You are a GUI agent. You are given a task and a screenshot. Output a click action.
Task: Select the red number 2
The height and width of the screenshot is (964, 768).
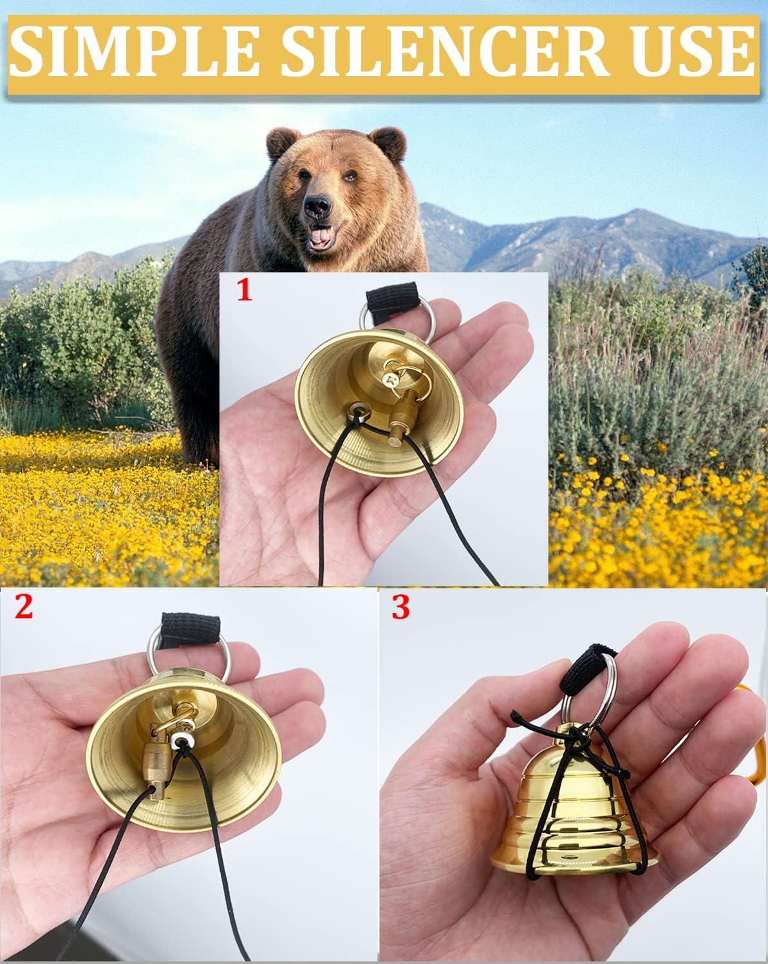click(x=24, y=608)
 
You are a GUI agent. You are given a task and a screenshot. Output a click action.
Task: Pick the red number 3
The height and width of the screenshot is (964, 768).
click(x=400, y=608)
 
